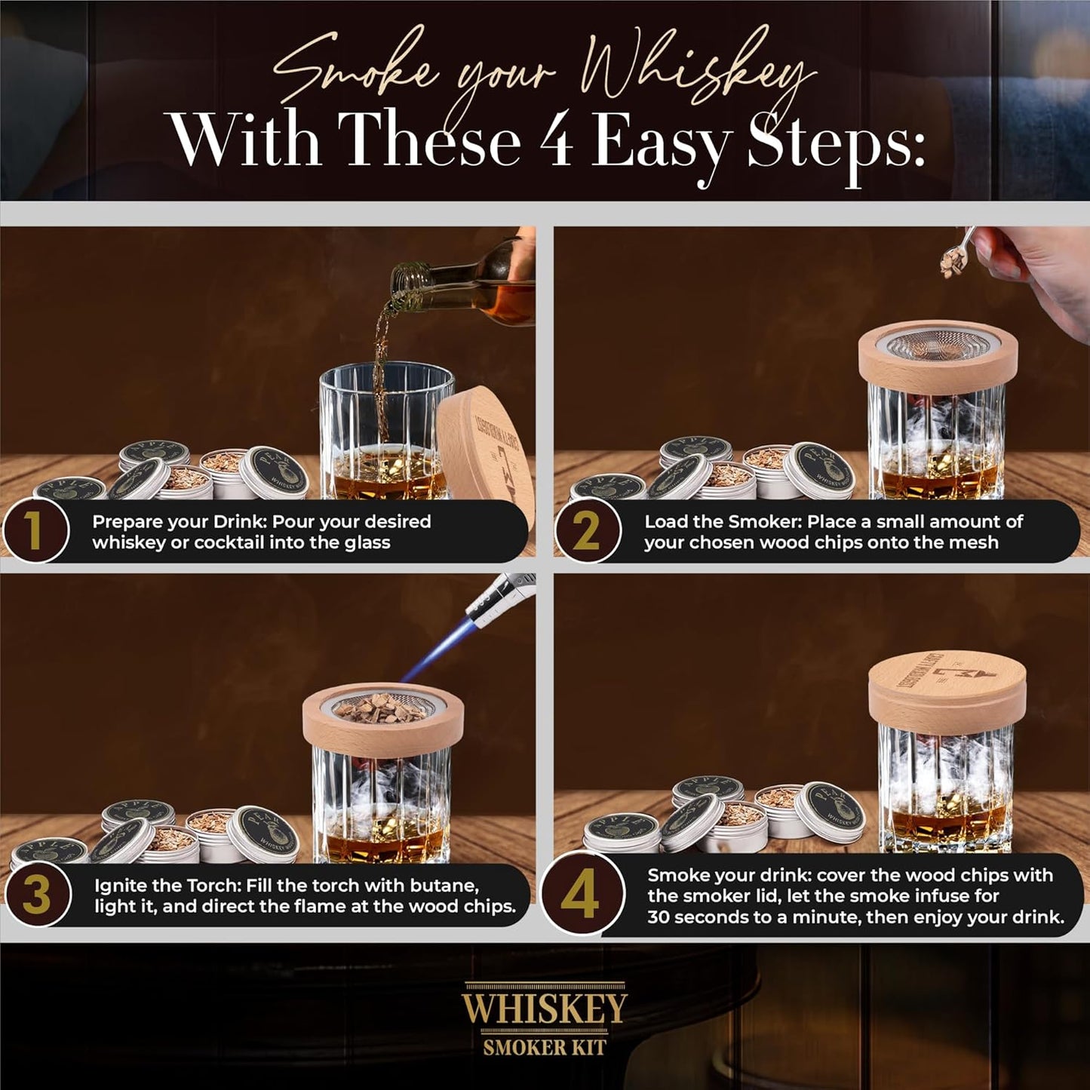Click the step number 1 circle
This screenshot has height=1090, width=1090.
(x=35, y=531)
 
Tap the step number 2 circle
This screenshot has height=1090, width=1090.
(x=588, y=531)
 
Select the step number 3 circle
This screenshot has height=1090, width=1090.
(x=37, y=895)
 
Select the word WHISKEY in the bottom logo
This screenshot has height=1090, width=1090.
(x=544, y=1009)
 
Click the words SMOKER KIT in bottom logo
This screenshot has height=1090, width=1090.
(x=544, y=1047)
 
